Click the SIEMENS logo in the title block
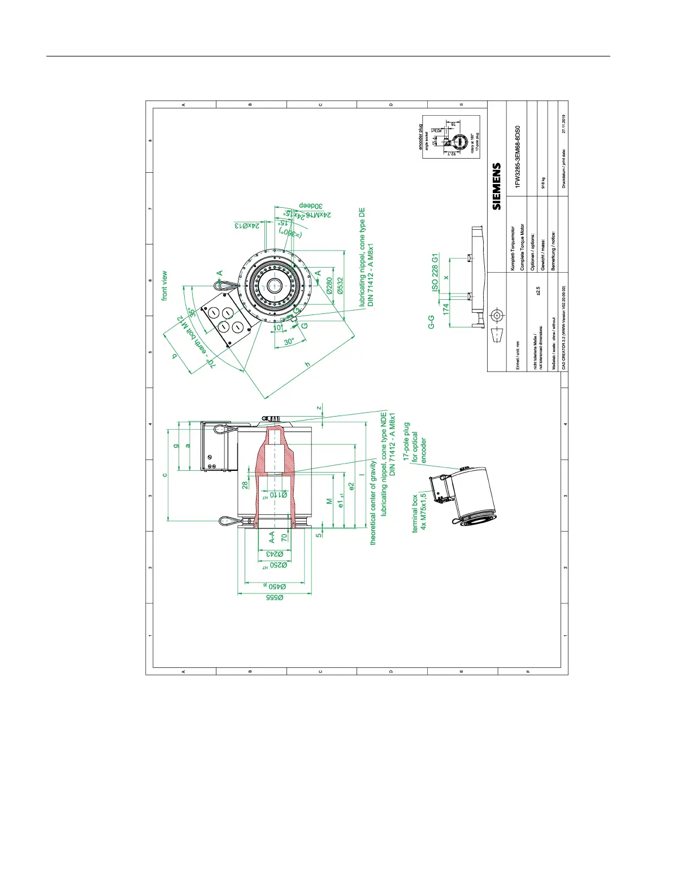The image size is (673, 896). tap(497, 186)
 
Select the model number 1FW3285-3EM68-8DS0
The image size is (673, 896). tap(518, 157)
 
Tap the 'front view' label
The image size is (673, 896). tap(164, 286)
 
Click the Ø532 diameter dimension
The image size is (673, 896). tap(340, 285)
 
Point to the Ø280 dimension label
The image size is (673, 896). tap(329, 286)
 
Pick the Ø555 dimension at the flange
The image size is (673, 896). tap(275, 597)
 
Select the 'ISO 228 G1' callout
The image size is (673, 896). tap(435, 272)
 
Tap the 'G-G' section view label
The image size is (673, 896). tap(431, 322)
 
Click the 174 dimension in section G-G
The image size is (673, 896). tap(446, 309)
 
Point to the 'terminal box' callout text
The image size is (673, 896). tap(415, 513)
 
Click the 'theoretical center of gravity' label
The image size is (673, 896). tap(373, 502)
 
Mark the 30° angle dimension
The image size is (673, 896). tap(289, 342)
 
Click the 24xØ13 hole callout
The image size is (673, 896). tap(247, 225)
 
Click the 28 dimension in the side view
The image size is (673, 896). tap(245, 485)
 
